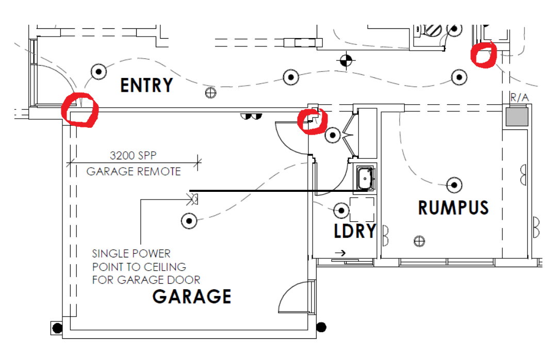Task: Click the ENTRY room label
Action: click(x=146, y=85)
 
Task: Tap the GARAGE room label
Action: click(x=192, y=297)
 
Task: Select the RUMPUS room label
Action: click(x=453, y=207)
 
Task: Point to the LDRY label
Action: click(x=355, y=231)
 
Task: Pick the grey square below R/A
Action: click(x=516, y=117)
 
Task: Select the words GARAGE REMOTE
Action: click(x=134, y=171)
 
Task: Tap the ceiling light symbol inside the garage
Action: click(x=189, y=221)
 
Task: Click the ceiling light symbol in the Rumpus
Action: click(x=454, y=184)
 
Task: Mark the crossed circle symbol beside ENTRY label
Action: click(x=210, y=93)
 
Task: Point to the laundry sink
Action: click(x=365, y=177)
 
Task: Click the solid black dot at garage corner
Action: click(x=321, y=326)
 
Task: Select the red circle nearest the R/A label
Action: click(x=484, y=55)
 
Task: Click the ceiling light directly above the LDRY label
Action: click(x=341, y=210)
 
